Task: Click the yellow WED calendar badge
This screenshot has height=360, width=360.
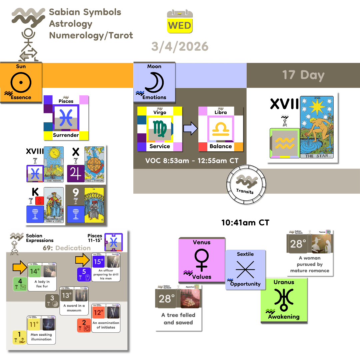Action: point(180,25)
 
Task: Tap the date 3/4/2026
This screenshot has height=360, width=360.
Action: point(180,46)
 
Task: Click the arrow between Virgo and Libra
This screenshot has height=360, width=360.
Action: point(190,129)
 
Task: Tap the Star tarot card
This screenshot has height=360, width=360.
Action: point(317,127)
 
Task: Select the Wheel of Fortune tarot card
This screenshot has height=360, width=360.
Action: point(94,164)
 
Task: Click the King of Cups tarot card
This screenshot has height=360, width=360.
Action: point(54,205)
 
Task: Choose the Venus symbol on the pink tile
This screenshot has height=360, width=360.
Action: point(202,260)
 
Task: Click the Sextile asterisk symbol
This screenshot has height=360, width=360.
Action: point(245,269)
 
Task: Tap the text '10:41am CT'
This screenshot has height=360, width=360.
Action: point(245,222)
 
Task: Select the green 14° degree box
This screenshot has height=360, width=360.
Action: point(34,271)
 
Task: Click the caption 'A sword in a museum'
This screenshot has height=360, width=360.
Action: point(74,308)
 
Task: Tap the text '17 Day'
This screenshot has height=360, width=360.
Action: point(303,75)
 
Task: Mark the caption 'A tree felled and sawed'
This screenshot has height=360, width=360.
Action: point(178,319)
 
